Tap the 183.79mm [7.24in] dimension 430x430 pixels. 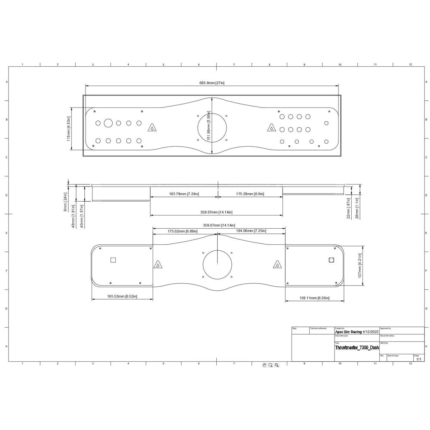(184, 194)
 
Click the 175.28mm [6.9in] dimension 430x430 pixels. (250, 194)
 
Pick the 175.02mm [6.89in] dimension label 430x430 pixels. (183, 231)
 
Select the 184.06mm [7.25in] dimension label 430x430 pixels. (252, 231)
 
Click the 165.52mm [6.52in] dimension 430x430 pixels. (122, 297)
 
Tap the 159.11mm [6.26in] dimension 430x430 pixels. (313, 298)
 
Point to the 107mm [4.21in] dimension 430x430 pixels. (359, 265)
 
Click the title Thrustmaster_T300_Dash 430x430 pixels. (357, 347)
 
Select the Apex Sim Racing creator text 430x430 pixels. (348, 332)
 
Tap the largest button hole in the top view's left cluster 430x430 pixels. (108, 123)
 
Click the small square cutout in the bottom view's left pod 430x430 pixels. (114, 260)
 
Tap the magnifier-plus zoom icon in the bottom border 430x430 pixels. (277, 365)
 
